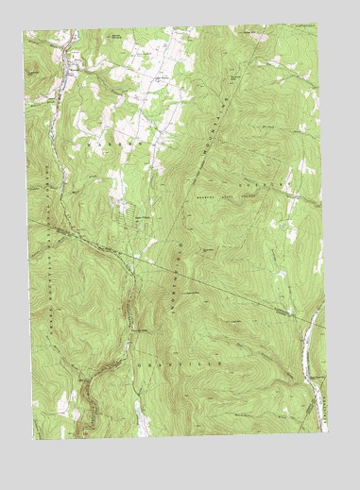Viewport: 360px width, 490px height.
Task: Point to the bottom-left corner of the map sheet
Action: pyautogui.click(x=35, y=441)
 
